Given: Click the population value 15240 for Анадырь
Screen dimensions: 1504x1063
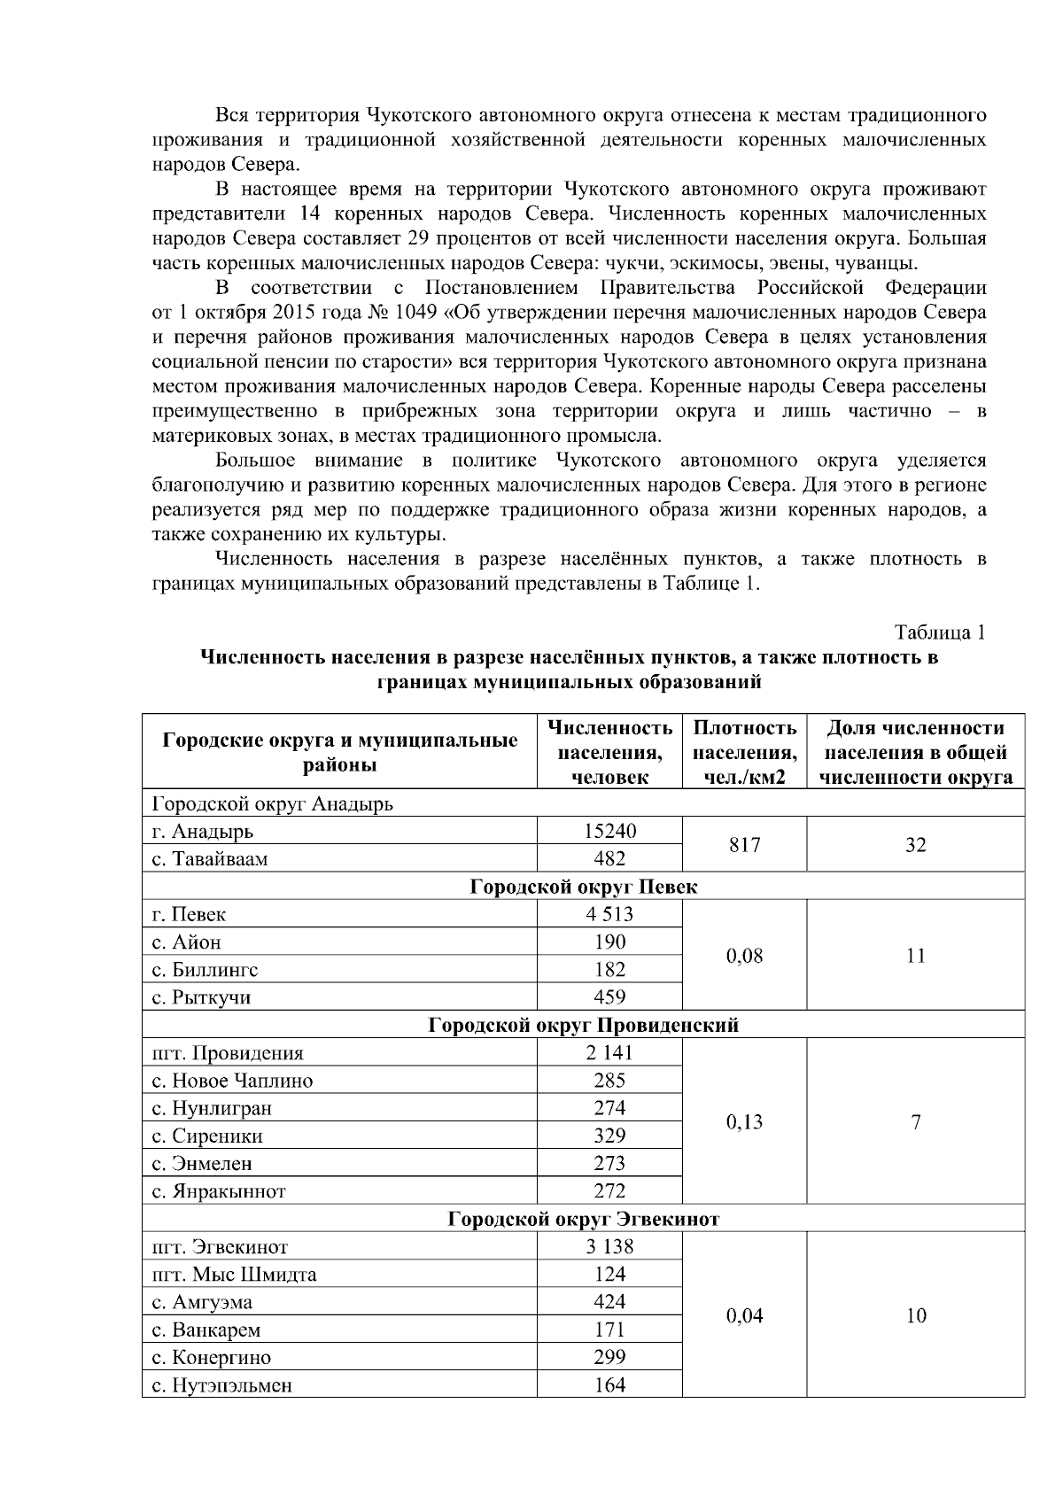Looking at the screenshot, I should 609,831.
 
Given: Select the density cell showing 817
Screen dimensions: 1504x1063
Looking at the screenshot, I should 744,845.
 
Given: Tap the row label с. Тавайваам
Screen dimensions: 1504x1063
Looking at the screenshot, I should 210,859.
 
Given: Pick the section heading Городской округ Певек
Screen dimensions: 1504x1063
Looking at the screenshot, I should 583,887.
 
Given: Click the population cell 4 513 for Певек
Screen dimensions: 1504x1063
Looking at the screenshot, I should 609,914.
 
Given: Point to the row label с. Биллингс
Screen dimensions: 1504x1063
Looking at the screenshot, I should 206,970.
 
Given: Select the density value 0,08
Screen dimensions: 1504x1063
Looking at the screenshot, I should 744,956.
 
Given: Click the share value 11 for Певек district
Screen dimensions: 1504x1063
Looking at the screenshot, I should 916,956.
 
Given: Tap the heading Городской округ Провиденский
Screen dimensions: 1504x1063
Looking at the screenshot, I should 583,1026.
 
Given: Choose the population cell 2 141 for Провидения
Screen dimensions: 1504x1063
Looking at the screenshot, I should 609,1053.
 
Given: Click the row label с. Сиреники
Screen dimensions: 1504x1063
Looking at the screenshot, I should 207,1136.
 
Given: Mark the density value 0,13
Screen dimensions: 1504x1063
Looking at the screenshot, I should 744,1122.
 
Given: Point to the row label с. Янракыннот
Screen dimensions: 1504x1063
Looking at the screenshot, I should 219,1191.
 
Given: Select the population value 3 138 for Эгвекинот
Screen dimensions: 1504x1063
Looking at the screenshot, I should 609,1247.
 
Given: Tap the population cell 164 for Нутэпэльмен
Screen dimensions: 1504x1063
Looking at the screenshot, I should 609,1385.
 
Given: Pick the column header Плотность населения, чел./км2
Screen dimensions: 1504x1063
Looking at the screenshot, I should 744,752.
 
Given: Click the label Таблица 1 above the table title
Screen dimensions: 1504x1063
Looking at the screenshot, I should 940,633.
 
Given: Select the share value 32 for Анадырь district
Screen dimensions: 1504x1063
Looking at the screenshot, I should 916,845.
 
